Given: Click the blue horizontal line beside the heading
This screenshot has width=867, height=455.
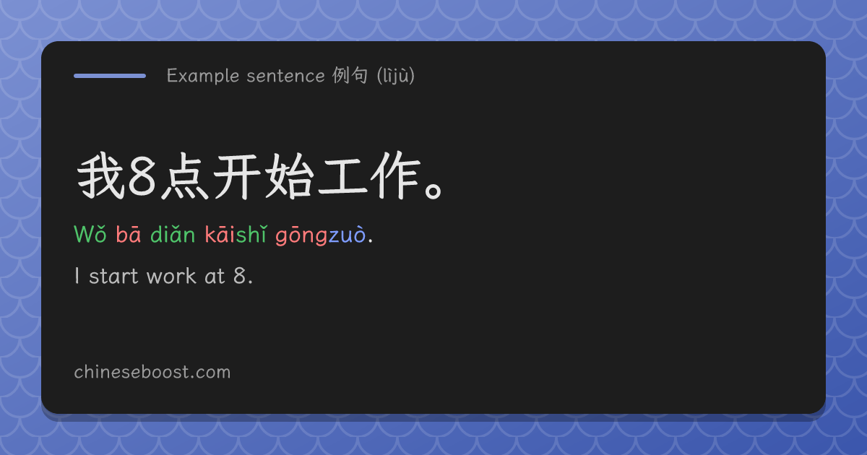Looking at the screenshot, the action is click(x=110, y=76).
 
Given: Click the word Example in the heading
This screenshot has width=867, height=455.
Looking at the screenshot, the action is click(x=203, y=76).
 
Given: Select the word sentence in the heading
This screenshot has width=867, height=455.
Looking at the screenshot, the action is click(x=285, y=76).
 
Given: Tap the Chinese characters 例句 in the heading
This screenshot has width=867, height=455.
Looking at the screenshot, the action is click(x=350, y=75).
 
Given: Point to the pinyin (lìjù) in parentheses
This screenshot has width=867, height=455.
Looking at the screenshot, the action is click(x=396, y=76).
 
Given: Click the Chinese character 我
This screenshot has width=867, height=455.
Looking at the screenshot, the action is click(x=100, y=175).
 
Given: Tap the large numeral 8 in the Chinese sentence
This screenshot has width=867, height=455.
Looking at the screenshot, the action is click(x=142, y=177).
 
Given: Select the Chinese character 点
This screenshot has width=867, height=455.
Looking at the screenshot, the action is click(x=185, y=176).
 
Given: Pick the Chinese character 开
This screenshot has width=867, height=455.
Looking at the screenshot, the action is click(x=237, y=176).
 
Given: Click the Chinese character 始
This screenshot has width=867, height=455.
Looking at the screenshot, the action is click(x=289, y=176).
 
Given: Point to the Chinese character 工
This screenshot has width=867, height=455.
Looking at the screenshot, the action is click(x=342, y=177).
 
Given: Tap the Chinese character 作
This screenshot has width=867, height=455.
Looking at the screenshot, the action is click(x=394, y=175).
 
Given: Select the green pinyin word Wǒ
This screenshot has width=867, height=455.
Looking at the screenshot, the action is click(x=90, y=235).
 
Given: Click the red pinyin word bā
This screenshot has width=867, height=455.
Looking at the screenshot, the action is click(x=129, y=235).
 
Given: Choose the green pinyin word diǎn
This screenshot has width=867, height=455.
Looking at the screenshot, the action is click(x=173, y=235).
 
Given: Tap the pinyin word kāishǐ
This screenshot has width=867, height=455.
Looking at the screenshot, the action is click(x=236, y=235).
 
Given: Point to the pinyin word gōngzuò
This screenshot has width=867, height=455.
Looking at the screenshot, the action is click(x=321, y=235).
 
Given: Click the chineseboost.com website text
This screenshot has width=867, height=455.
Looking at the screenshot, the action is click(x=152, y=372).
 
